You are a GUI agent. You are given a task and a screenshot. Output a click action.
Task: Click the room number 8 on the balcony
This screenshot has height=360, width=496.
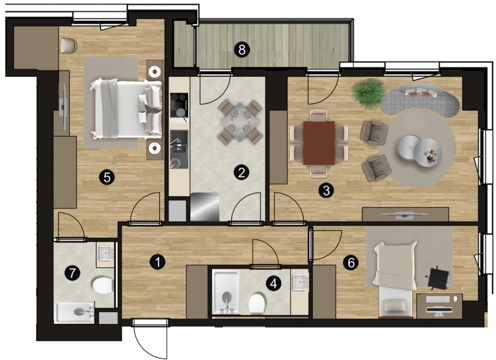click(x=242, y=50)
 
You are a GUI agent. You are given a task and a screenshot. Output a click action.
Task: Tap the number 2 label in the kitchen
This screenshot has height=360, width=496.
click(x=241, y=173)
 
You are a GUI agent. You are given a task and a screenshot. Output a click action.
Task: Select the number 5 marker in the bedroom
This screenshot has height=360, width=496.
click(x=107, y=177)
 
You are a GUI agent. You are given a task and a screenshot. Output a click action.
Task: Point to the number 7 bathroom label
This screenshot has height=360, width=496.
click(x=73, y=273)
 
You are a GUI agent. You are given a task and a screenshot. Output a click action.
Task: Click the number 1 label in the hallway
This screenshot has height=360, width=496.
click(x=157, y=262)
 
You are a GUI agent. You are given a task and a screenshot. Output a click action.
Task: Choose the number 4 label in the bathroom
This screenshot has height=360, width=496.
click(x=274, y=283)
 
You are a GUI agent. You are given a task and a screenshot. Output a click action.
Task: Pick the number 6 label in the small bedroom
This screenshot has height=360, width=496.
click(x=351, y=262)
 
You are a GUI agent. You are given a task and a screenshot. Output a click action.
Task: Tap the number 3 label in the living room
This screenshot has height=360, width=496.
click(x=326, y=190)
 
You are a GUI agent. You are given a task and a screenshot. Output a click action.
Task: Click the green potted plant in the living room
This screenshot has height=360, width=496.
click(x=368, y=93)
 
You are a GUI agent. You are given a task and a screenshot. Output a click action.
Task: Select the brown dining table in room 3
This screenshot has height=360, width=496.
click(x=319, y=143)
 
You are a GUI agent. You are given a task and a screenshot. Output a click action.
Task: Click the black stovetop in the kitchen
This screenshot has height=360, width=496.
click(x=179, y=105)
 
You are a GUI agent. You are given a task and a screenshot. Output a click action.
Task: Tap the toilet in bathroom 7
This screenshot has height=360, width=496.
click(x=103, y=285)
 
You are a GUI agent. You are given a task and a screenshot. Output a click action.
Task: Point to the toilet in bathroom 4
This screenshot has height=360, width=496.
click(x=257, y=303)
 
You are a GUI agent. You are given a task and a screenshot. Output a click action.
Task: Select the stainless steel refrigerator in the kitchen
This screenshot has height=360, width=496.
click(x=205, y=207)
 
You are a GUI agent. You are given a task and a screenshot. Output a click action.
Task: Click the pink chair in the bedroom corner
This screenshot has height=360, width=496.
click(x=69, y=46)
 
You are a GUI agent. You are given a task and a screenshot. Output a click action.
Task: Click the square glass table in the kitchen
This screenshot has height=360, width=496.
click(x=240, y=121)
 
